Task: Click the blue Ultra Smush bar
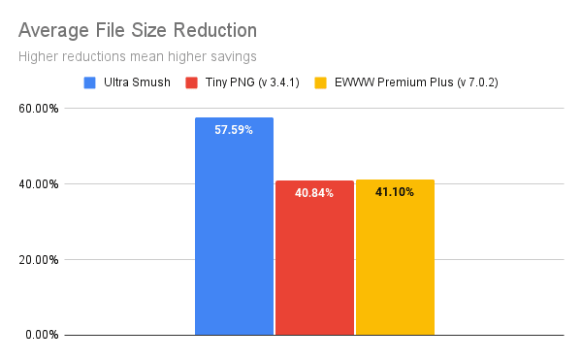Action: [234, 233]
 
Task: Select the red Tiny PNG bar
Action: [314, 262]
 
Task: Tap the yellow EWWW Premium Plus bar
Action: [395, 262]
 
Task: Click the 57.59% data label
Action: [234, 129]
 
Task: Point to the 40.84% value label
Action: [314, 193]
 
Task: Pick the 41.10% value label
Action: [395, 192]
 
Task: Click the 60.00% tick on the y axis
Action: [40, 109]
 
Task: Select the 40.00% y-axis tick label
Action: [40, 184]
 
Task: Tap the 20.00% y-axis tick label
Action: [40, 260]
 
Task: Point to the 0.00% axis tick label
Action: [43, 336]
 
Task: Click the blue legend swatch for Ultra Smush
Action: [90, 82]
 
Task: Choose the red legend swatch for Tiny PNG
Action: [191, 82]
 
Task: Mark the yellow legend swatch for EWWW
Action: [320, 82]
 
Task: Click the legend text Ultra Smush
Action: [135, 82]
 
